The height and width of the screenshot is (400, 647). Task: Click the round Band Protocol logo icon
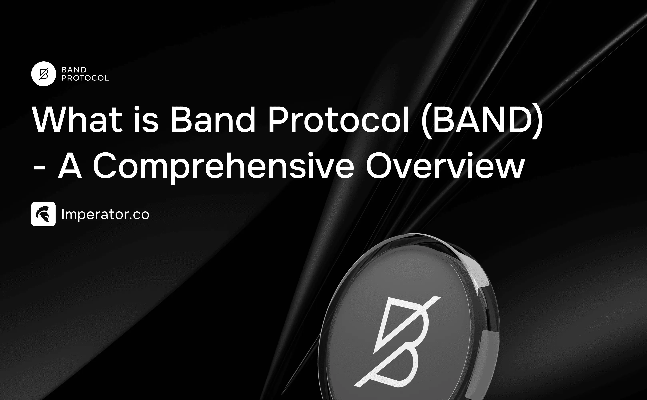point(44,74)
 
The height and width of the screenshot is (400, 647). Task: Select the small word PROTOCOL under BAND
point(85,78)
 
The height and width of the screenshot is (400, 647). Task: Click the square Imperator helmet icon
point(43,214)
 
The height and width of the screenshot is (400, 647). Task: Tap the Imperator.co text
point(105,214)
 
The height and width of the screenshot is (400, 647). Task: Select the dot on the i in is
point(137,108)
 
